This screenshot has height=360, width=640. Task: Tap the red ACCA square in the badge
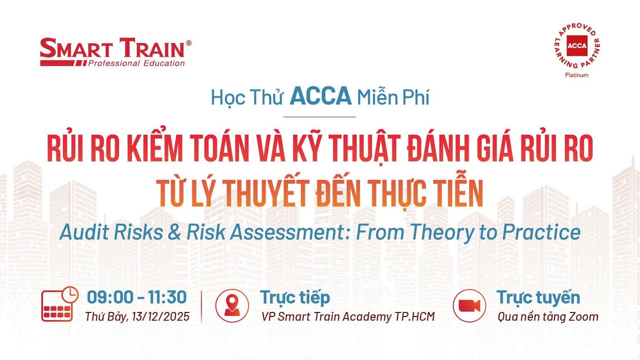(576, 46)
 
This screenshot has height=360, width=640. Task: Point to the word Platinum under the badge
(576, 75)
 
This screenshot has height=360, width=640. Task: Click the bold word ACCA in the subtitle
(320, 96)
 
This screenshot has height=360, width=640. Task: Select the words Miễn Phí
(393, 97)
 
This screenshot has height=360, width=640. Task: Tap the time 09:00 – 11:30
(136, 297)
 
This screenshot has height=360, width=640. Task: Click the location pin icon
(231, 305)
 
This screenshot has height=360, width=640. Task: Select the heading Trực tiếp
(294, 297)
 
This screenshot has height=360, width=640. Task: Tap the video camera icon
(469, 305)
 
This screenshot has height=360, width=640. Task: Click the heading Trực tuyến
(538, 297)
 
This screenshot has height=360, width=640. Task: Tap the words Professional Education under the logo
(136, 63)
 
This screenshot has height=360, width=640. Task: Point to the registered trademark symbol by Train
(188, 43)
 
